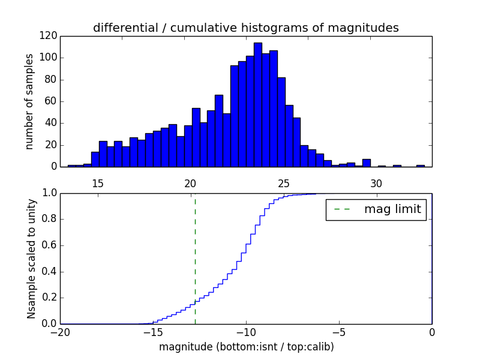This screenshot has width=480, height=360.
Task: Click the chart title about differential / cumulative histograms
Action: coord(245,28)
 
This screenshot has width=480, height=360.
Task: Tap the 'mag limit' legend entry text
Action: coord(392,209)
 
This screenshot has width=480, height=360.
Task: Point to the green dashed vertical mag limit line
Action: coord(195,258)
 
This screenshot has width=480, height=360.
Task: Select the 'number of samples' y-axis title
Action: coord(29,101)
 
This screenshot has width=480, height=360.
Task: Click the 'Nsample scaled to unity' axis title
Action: coord(31,259)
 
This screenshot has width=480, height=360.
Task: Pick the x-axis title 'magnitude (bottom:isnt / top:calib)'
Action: coord(246,347)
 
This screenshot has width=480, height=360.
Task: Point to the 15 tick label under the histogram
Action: coord(98,184)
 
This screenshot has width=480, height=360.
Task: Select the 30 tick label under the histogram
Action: coord(376,184)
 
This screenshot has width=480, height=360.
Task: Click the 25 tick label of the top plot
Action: coord(283,184)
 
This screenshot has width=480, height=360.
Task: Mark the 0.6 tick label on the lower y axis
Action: coord(49,245)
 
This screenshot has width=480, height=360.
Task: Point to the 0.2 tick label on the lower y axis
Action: coord(49,298)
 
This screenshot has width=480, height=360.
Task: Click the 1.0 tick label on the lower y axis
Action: coord(49,193)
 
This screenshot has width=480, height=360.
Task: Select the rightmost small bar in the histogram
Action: coord(420,166)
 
